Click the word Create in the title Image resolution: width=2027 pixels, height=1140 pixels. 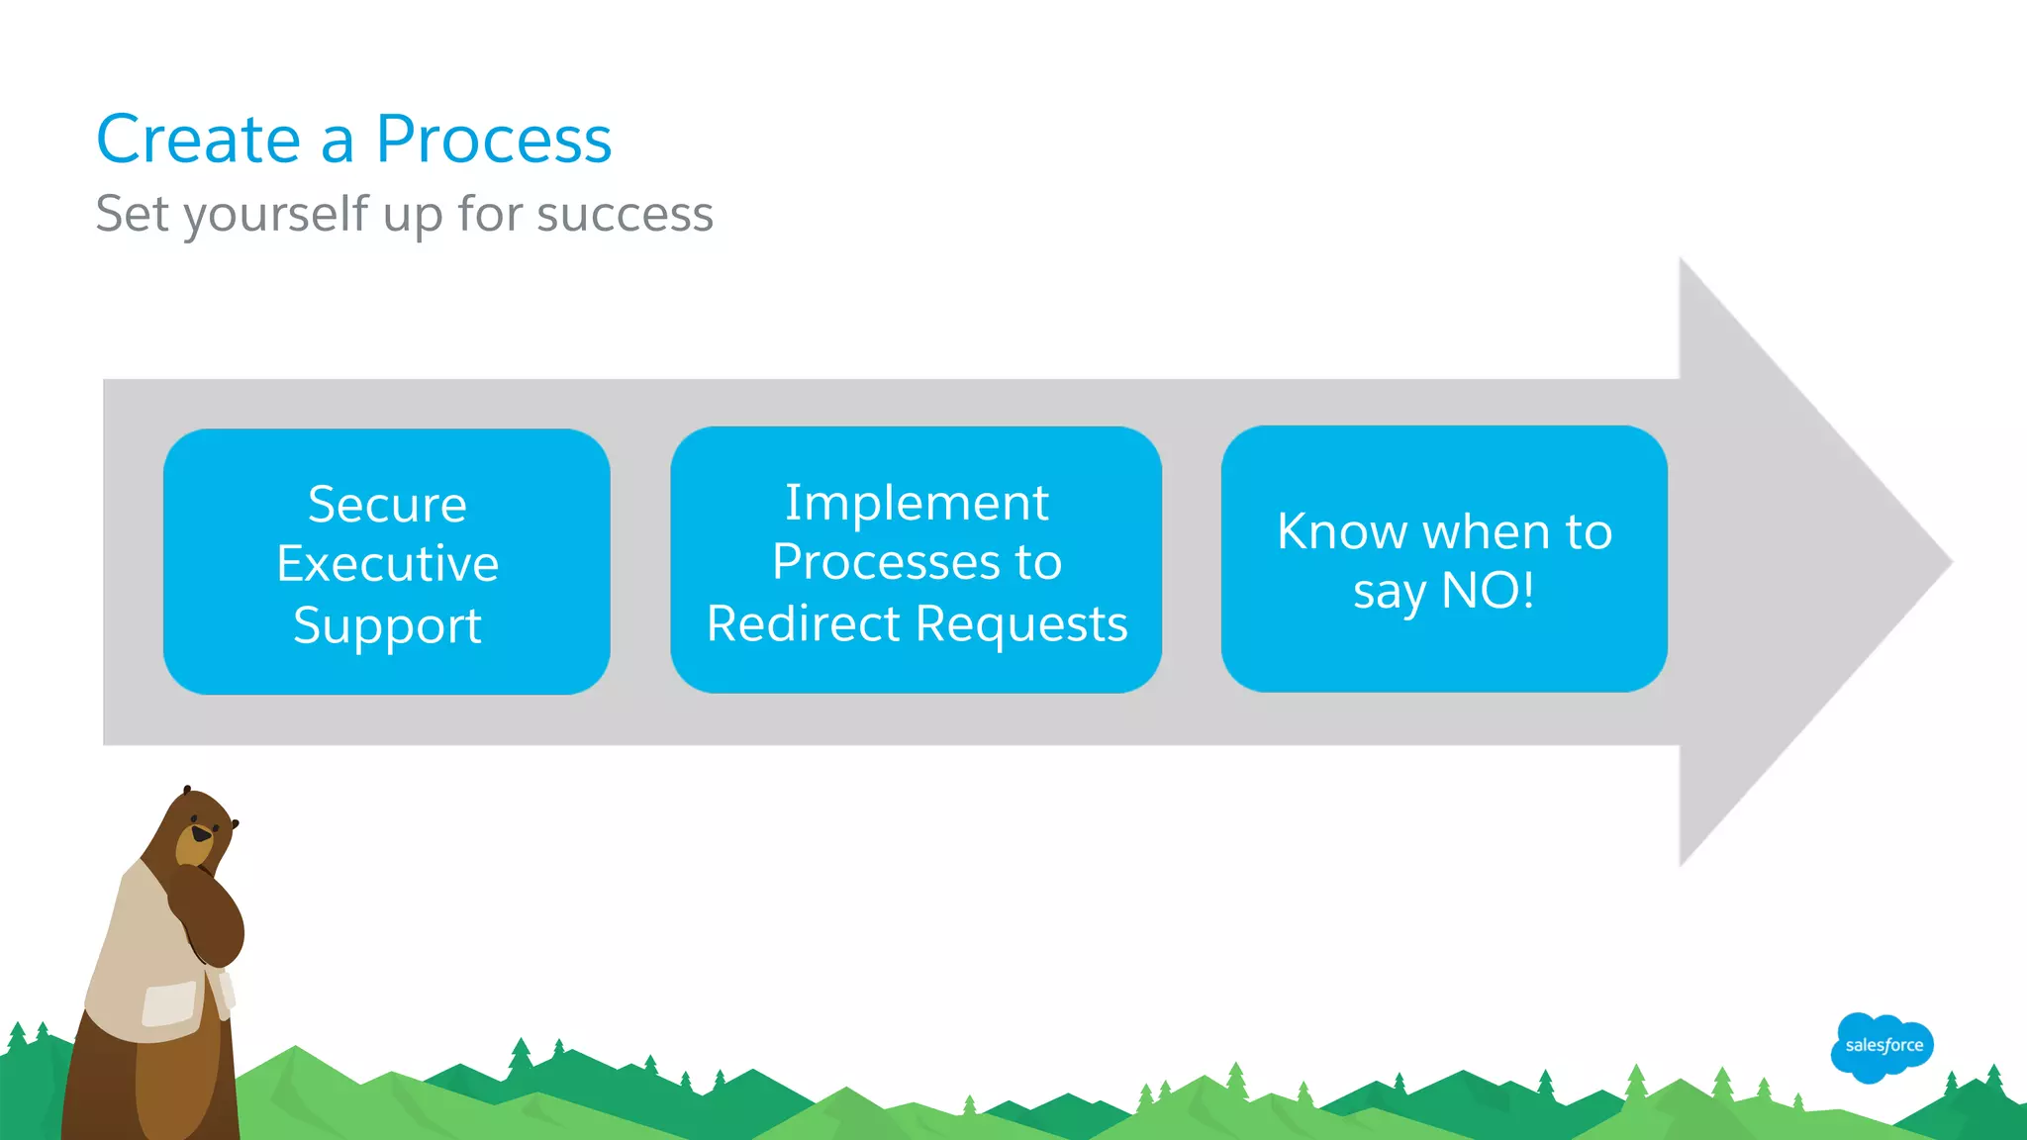[x=198, y=140]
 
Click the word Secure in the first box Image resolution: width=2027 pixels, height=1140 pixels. [x=387, y=505]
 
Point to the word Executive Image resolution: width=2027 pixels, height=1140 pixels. [x=387, y=564]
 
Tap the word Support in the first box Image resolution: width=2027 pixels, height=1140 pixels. [x=387, y=626]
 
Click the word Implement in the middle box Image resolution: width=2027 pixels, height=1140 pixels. [x=917, y=503]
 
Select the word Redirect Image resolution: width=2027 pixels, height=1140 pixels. [x=803, y=624]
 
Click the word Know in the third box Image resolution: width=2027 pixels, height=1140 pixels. [x=1341, y=532]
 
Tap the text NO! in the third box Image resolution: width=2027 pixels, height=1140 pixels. [x=1488, y=591]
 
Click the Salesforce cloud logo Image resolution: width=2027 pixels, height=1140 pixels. [x=1882, y=1046]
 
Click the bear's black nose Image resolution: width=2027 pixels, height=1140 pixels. [x=201, y=834]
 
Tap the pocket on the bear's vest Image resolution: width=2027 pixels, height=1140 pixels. [x=169, y=1002]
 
